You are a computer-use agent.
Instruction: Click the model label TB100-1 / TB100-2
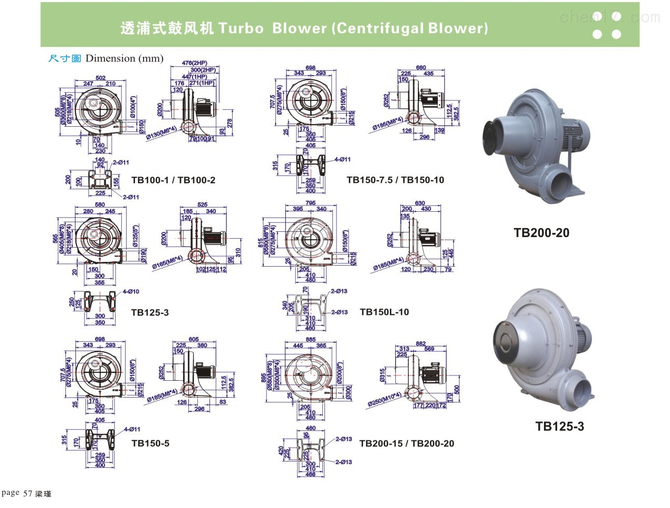[173, 180]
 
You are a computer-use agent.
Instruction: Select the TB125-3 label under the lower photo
[560, 426]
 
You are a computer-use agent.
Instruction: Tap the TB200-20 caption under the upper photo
[541, 232]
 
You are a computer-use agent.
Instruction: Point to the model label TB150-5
[150, 444]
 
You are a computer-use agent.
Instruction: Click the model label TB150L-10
[384, 312]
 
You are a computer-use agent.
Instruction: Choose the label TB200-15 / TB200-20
[406, 444]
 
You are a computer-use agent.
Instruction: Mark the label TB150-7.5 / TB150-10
[395, 180]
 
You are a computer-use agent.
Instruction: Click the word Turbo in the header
[241, 28]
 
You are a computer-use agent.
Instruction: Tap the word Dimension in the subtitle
[110, 59]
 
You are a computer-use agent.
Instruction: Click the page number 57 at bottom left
[28, 494]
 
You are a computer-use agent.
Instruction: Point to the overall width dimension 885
[310, 340]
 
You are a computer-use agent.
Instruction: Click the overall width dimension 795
[310, 203]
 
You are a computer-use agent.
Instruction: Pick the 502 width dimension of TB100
[100, 78]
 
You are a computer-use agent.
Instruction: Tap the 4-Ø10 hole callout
[131, 291]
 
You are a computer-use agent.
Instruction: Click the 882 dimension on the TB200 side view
[420, 344]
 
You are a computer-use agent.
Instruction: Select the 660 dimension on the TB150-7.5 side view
[420, 68]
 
